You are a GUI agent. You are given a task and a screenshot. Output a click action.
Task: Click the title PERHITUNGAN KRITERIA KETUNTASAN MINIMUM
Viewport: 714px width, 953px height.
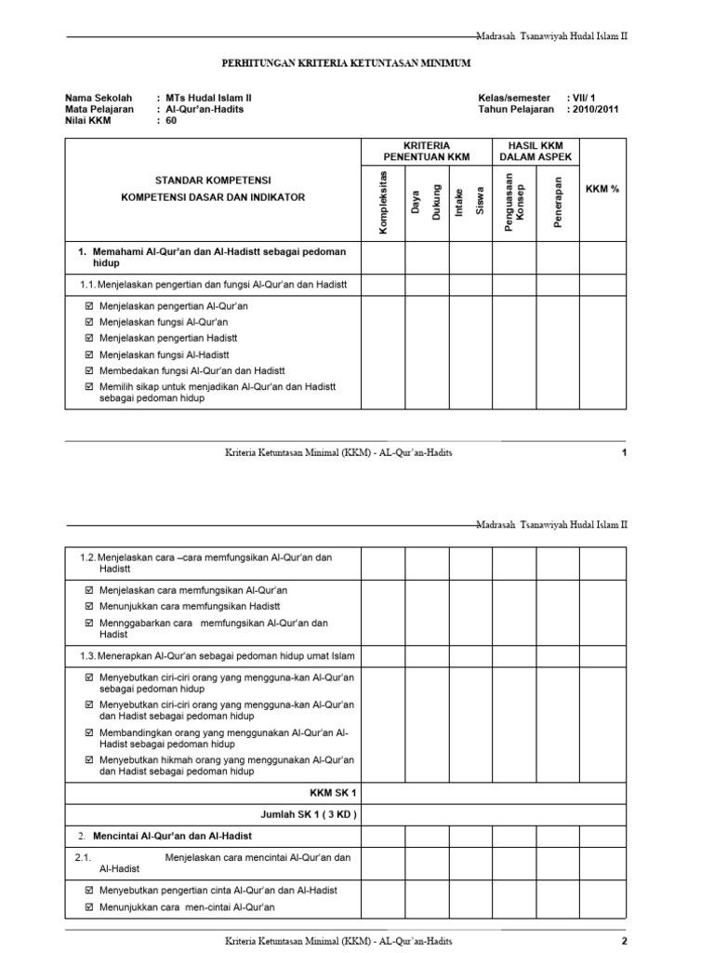click(346, 62)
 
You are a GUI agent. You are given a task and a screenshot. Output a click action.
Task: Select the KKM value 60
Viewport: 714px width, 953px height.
click(171, 120)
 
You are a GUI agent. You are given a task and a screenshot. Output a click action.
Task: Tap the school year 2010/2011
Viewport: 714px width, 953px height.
click(596, 109)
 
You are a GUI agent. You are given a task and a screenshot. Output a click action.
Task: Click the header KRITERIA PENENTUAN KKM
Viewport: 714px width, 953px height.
click(427, 152)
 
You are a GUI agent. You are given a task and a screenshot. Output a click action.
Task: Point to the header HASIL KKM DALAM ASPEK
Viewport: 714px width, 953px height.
click(536, 152)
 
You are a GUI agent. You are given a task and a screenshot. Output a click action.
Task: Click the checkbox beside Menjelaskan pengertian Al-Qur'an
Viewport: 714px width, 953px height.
click(89, 306)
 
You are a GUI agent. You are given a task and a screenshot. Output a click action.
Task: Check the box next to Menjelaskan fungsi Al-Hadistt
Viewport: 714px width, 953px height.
click(89, 355)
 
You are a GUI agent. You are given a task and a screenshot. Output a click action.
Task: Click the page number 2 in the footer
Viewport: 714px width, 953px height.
click(625, 941)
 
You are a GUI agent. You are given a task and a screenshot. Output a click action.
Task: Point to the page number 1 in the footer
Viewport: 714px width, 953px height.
click(625, 452)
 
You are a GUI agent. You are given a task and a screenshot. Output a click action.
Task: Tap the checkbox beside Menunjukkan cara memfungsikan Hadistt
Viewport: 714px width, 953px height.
click(89, 606)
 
